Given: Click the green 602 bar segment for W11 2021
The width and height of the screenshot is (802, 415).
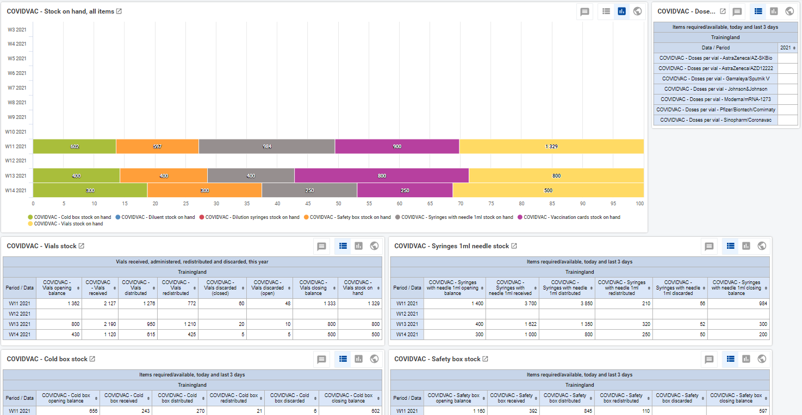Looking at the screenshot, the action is pos(74,146).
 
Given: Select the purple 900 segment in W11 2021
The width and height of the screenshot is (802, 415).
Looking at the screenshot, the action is pos(397,146).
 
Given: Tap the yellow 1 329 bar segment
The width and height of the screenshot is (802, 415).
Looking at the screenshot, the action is pos(551,146).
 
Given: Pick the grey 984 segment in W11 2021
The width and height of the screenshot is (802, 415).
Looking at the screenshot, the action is pos(267,146).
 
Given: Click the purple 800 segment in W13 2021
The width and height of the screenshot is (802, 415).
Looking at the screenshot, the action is pos(382,175).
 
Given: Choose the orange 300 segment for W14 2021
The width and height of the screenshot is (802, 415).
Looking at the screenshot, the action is pos(204,190).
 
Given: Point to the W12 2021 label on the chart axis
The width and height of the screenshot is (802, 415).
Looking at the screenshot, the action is pos(16,161).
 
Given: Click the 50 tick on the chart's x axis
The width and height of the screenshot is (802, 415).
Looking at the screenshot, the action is pos(338,204).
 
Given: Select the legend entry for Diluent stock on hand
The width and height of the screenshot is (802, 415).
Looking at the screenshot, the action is pos(155,217).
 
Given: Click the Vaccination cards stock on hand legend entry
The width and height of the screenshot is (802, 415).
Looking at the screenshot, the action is pos(569,217).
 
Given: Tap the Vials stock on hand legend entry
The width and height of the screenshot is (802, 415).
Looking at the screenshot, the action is pos(66,224).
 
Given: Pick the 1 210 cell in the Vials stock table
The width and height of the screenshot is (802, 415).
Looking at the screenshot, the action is pos(178,324).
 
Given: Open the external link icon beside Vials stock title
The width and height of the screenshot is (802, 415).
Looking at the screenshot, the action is pos(82,246).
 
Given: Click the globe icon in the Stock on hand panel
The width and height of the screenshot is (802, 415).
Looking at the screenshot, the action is pos(637,11).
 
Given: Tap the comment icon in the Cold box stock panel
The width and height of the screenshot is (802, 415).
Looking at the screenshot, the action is pos(321,359).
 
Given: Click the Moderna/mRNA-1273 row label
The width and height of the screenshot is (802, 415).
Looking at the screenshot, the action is pos(716,99).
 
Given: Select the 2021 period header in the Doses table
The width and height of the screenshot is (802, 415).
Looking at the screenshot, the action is pos(788,48).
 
